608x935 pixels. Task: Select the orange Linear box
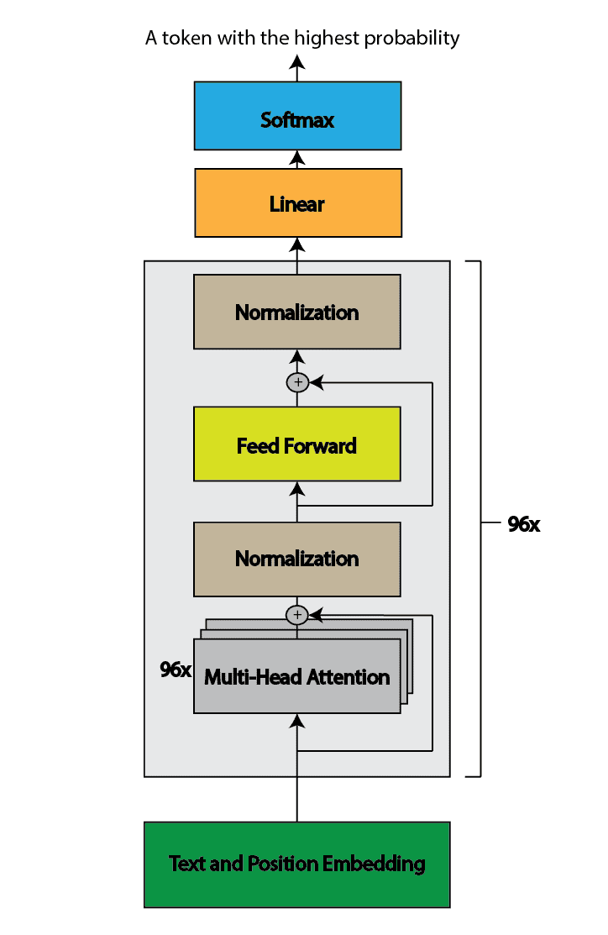(297, 202)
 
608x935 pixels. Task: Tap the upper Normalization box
(297, 312)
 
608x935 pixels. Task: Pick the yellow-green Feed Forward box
(297, 444)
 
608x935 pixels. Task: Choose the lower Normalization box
(297, 558)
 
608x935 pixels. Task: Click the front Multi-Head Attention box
(297, 677)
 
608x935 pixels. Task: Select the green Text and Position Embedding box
(297, 864)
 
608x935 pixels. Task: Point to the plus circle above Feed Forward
(297, 382)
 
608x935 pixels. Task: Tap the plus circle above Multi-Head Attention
(297, 615)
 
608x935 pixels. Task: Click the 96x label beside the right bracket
(523, 524)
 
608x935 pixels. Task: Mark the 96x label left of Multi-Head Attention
(176, 670)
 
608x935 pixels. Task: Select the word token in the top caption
(183, 38)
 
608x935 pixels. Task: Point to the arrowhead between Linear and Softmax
(297, 160)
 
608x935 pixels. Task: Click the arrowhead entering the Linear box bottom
(297, 245)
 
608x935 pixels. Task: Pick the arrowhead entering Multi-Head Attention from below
(297, 721)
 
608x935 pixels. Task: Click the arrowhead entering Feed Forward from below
(297, 488)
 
